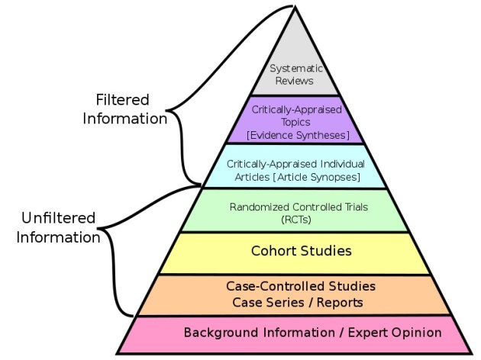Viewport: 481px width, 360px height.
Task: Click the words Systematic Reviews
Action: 294,73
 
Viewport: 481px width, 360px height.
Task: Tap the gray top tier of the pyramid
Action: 294,46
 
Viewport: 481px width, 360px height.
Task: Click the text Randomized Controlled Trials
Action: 294,206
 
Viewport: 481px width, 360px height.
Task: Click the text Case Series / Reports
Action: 294,302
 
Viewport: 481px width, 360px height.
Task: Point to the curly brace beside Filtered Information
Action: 180,114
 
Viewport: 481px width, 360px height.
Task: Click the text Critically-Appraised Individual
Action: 295,164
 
